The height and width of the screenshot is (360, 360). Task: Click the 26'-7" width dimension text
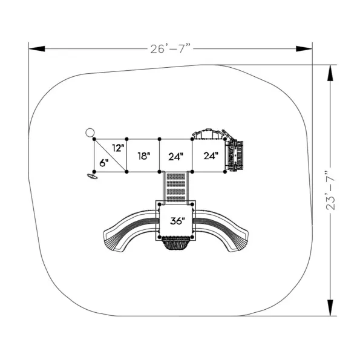171,48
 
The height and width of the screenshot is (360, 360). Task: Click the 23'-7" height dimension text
330,190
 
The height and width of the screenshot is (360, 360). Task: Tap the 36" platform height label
177,221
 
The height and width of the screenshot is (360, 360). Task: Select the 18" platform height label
144,156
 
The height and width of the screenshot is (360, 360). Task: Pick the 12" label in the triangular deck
118,148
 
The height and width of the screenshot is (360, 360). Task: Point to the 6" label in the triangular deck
104,163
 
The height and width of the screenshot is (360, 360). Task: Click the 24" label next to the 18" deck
175,157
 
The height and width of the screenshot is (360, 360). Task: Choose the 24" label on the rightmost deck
211,156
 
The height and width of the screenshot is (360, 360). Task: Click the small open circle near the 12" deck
90,133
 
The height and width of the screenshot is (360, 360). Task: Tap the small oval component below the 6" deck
92,176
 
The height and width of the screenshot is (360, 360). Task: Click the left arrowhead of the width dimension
37,48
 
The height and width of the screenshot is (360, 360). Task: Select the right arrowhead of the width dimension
304,48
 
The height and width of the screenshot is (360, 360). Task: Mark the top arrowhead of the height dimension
330,73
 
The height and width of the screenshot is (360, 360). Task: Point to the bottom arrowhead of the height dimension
330,308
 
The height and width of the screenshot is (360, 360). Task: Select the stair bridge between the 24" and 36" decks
175,187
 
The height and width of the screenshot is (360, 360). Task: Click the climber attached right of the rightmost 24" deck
234,156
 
